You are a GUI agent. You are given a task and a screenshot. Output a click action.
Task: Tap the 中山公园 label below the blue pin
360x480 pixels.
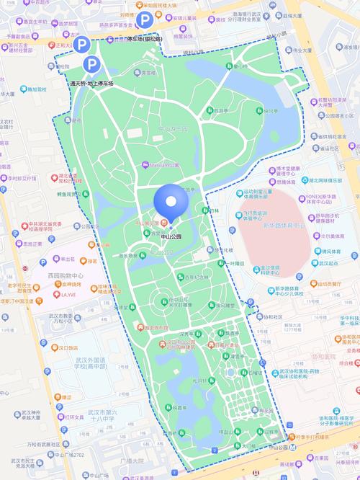(171, 236)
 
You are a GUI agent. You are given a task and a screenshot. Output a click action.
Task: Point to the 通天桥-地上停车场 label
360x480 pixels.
(91, 84)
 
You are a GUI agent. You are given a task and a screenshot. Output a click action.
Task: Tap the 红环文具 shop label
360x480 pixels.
(74, 417)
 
